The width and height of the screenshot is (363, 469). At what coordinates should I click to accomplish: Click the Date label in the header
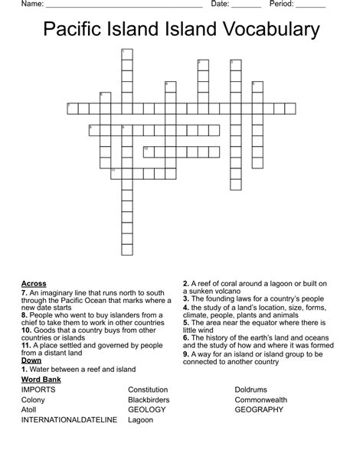click(221, 4)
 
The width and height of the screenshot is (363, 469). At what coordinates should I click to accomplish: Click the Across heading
click(34, 284)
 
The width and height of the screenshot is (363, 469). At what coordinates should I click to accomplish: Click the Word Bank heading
click(41, 379)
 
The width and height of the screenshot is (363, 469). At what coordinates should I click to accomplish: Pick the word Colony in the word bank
click(33, 399)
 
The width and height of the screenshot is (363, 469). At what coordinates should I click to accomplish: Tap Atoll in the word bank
click(30, 409)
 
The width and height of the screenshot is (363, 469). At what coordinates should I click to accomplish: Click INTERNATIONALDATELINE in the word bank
click(69, 419)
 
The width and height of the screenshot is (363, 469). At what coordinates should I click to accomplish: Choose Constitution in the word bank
click(148, 389)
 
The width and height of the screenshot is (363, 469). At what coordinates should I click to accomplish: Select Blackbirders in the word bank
click(149, 399)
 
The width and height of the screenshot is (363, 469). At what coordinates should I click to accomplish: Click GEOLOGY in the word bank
click(146, 409)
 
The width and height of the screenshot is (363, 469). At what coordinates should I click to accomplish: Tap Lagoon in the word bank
click(141, 419)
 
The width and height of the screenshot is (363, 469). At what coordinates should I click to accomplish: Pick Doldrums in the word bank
click(251, 389)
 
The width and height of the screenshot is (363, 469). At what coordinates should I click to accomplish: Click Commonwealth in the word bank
click(261, 399)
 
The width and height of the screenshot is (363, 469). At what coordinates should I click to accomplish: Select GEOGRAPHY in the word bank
click(259, 409)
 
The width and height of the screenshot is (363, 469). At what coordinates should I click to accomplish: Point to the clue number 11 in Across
click(26, 345)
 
